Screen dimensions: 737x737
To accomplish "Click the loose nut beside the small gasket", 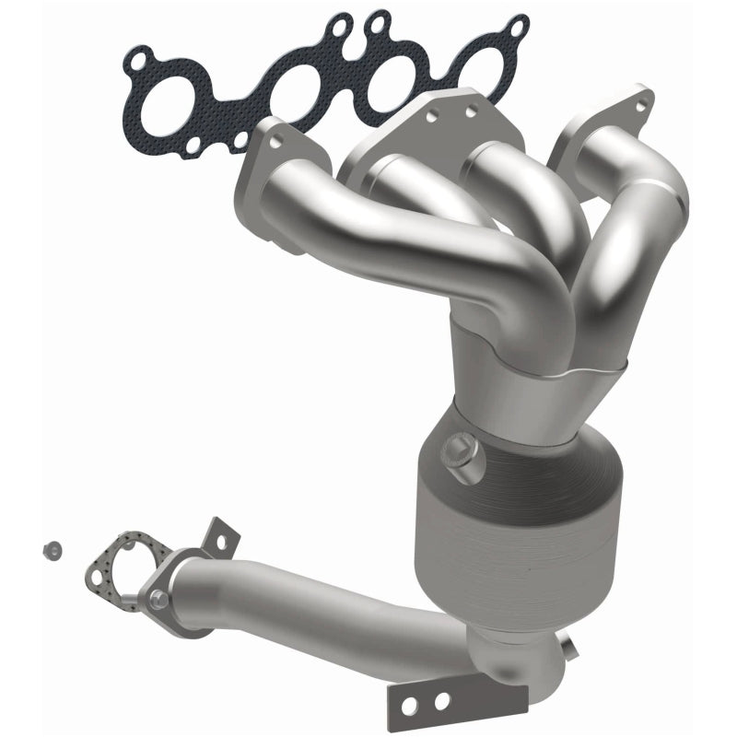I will point(52,550).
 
